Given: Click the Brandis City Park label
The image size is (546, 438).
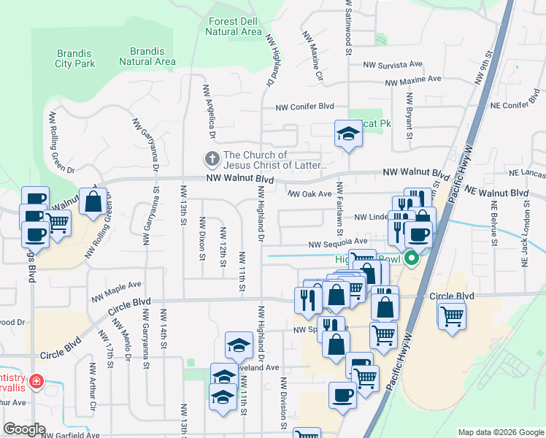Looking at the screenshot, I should (75, 58).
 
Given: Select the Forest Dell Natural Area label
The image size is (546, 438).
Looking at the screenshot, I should (234, 27).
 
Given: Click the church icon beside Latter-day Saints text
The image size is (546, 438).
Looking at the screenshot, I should (212, 159).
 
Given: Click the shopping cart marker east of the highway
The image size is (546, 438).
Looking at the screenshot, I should (452, 315).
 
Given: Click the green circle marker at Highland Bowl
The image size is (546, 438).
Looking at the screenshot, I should (411, 258).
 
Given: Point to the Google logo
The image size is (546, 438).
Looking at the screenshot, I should (24, 429).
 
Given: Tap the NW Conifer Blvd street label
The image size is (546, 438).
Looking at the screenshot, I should (304, 108).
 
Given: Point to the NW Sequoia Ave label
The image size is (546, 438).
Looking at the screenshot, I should (338, 242).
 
